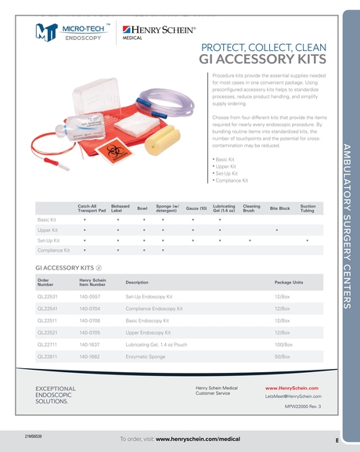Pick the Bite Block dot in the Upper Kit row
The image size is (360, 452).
click(278, 230)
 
